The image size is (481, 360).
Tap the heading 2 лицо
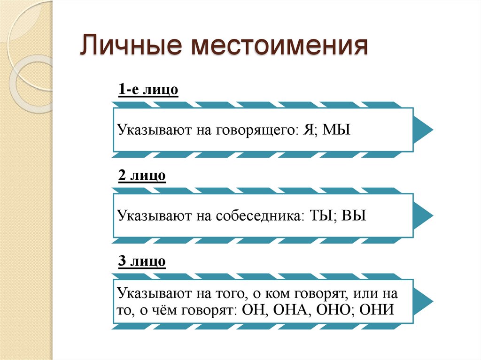[x=142, y=176]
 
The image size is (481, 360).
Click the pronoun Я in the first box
[x=308, y=130]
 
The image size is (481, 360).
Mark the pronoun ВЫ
[x=353, y=216]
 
